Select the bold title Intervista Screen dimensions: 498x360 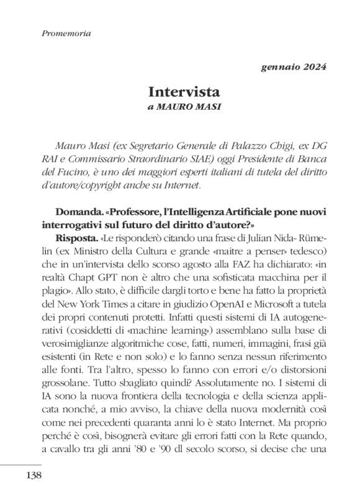[x=184, y=92]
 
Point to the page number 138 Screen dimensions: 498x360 [x=34, y=475]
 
